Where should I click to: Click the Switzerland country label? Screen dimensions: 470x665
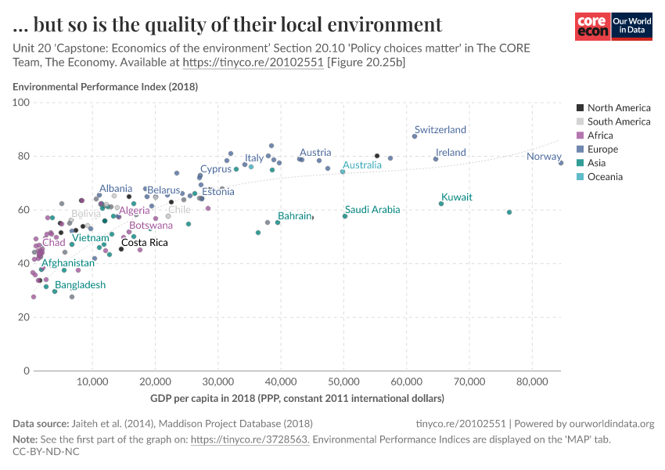pyautogui.click(x=440, y=130)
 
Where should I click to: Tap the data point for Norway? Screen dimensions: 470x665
pyautogui.click(x=561, y=163)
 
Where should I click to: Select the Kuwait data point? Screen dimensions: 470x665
pyautogui.click(x=441, y=204)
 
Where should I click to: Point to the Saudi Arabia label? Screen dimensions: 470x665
pyautogui.click(x=372, y=210)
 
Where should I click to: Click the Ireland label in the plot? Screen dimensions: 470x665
pyautogui.click(x=451, y=153)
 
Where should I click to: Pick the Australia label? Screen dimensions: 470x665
pyautogui.click(x=362, y=165)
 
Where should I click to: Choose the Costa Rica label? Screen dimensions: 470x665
pyautogui.click(x=144, y=243)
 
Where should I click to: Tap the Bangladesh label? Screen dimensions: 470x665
pyautogui.click(x=80, y=285)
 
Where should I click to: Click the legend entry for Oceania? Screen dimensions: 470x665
pyautogui.click(x=605, y=177)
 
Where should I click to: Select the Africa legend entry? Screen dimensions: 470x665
pyautogui.click(x=600, y=136)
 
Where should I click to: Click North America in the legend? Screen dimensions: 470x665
pyautogui.click(x=618, y=108)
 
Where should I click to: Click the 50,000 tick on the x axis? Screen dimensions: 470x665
pyautogui.click(x=343, y=382)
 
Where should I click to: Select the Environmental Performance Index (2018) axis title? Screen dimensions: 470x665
pyautogui.click(x=105, y=87)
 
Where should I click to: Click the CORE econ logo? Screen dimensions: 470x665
pyautogui.click(x=592, y=27)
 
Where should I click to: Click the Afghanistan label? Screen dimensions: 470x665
pyautogui.click(x=68, y=263)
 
